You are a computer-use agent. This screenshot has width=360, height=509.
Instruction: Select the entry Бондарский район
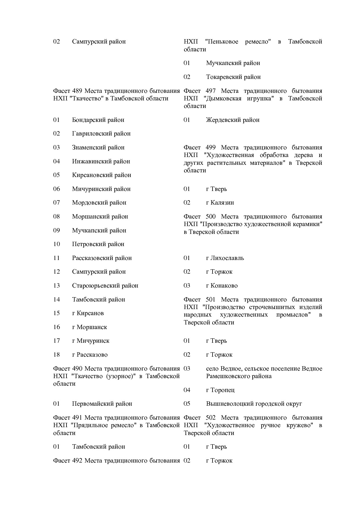pos(98,120)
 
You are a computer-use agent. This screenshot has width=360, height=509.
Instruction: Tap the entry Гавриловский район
pos(101,134)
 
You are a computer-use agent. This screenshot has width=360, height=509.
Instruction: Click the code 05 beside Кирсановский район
pos(56,175)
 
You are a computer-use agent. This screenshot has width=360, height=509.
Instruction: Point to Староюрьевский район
pos(105,286)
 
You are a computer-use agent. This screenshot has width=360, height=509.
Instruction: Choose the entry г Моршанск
pos(89,327)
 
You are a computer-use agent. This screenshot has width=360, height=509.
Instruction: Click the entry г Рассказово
pos(90,355)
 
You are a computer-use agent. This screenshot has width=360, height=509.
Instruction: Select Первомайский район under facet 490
pos(102,404)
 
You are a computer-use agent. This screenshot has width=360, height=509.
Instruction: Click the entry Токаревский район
pos(233,77)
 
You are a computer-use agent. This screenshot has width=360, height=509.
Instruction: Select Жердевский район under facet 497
pos(233,120)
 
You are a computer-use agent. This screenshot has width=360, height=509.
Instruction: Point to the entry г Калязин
pos(220,203)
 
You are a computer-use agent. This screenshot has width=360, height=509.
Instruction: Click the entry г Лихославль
pos(225,258)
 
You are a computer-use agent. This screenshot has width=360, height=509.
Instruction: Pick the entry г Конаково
pos(222,286)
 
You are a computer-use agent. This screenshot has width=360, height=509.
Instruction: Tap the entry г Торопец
pos(220,390)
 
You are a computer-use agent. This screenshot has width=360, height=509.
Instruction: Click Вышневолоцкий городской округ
pos(254,404)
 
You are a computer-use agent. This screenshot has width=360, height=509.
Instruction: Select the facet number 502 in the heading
pos(210,418)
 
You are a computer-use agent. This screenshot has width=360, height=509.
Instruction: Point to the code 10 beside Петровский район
pos(56,244)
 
